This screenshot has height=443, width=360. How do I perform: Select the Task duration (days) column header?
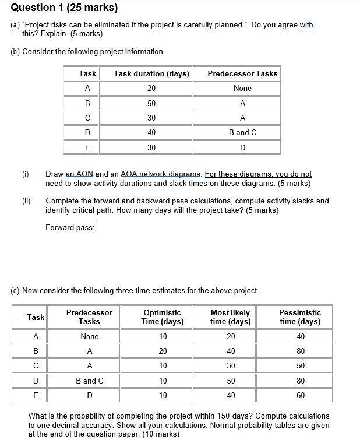[x=151, y=73]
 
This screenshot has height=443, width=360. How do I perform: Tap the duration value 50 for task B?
[x=151, y=103]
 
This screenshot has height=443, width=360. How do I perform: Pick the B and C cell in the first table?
[x=242, y=132]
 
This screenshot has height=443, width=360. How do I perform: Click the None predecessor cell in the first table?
[x=242, y=88]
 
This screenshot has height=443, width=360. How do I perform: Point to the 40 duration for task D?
[x=151, y=132]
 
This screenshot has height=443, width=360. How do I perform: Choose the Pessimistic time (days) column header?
[x=299, y=317]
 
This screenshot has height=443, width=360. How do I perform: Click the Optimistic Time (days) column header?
[x=163, y=317]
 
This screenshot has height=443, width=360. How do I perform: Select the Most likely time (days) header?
[x=230, y=317]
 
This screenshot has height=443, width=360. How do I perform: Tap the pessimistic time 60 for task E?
[x=299, y=395]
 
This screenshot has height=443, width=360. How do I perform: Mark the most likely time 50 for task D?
[x=230, y=381]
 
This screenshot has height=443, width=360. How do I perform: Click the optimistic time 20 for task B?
[x=163, y=351]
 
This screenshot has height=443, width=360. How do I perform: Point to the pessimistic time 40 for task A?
[x=299, y=336]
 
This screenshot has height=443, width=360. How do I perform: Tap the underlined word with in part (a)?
[x=306, y=25]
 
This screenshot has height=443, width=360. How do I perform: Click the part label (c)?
[x=15, y=290]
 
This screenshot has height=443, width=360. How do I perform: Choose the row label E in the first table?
[x=87, y=147]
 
